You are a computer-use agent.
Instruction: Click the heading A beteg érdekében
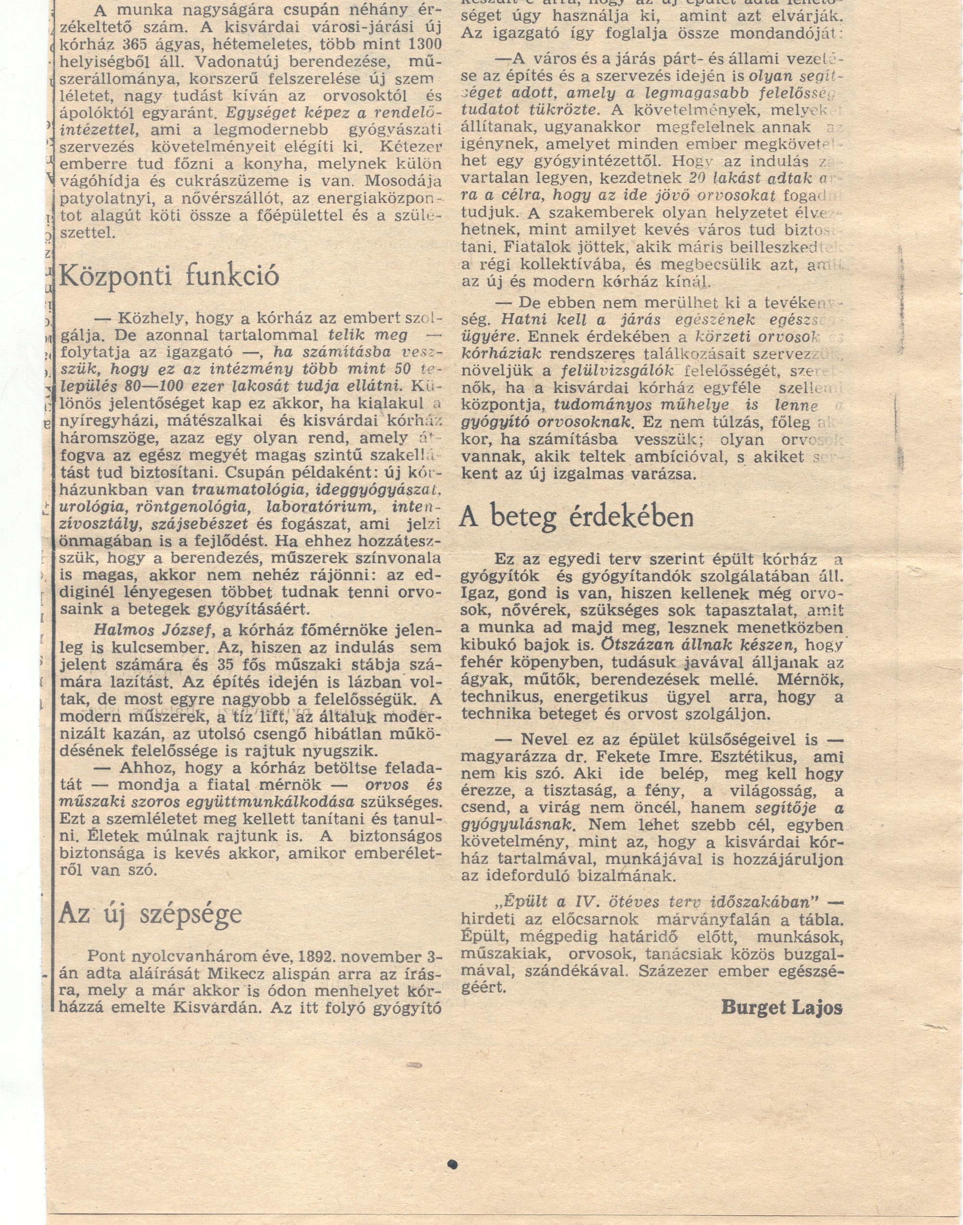click(x=577, y=515)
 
